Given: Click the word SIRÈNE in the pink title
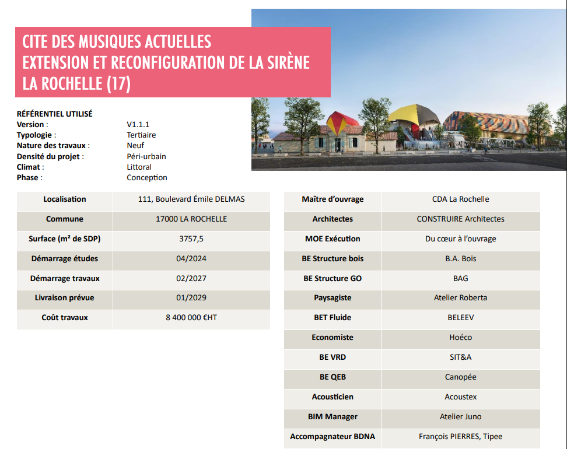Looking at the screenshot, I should [x=284, y=62].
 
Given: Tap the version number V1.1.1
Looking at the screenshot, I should [x=139, y=124].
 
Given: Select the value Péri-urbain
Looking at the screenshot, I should [x=146, y=156].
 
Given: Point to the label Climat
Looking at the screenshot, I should [x=30, y=167].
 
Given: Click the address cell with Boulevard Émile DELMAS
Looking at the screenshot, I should [x=191, y=199].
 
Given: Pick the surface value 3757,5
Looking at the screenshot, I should [x=191, y=239].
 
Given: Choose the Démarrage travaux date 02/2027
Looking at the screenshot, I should [x=191, y=279].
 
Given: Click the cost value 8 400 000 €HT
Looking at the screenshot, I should [x=191, y=318].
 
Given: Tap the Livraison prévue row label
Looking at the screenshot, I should [x=64, y=298].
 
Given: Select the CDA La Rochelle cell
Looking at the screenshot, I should [x=460, y=199].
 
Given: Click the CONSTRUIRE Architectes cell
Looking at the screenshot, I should [x=460, y=219].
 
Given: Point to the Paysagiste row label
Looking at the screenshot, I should [x=332, y=298].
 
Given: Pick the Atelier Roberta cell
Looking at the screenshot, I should [x=460, y=298].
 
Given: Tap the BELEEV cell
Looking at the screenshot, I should [x=460, y=318].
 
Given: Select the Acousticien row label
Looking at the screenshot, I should [x=332, y=397].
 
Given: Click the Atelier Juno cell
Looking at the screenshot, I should [x=460, y=417].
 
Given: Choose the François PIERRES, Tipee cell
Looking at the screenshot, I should [x=460, y=437].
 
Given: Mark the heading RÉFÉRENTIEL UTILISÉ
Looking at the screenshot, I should [x=54, y=114].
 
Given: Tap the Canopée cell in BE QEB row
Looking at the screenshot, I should [x=460, y=377].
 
